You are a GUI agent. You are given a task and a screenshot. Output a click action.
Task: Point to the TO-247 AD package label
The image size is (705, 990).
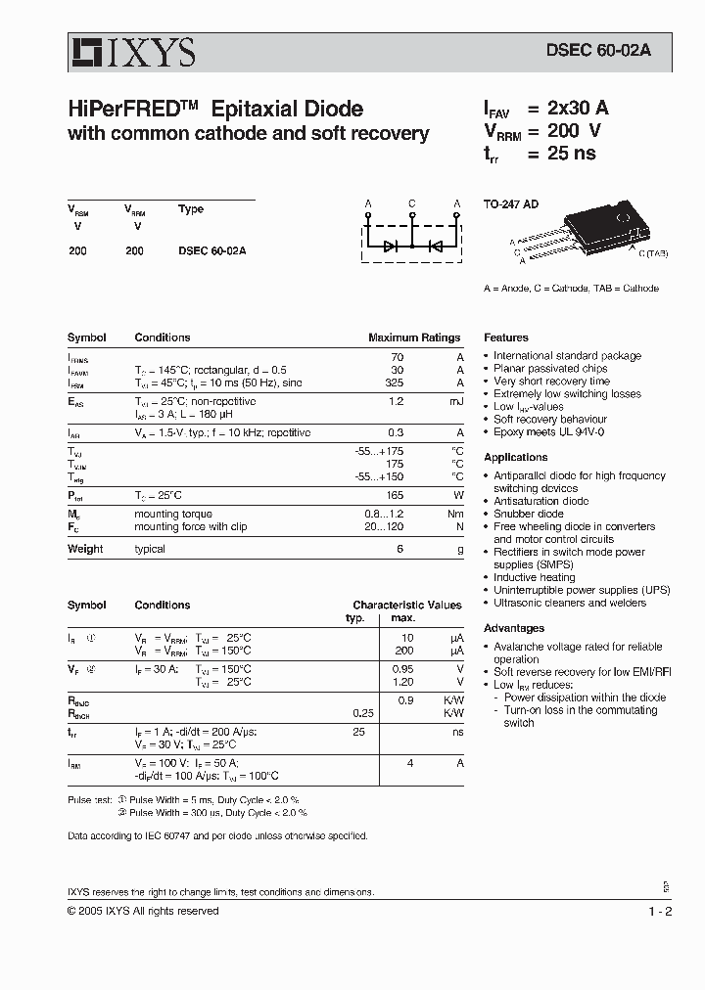511,205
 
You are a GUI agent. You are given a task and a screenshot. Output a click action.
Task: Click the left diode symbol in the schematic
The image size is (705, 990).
391,247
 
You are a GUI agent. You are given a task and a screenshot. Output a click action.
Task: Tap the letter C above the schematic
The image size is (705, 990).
412,204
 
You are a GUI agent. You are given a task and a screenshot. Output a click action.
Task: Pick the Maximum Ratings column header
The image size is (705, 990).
413,337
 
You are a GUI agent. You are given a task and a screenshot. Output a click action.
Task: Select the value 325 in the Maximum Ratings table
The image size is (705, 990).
396,384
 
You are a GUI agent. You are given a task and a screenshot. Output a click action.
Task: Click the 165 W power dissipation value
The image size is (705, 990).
396,496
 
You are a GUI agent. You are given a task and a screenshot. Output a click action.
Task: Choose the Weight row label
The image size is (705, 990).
85,550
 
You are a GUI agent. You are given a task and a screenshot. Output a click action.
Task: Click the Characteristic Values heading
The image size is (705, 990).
406,606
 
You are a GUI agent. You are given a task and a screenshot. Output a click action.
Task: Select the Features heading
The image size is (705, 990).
506,337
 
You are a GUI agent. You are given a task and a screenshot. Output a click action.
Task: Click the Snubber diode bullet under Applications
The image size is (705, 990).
529,514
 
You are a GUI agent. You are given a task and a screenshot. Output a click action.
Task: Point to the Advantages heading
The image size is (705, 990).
514,629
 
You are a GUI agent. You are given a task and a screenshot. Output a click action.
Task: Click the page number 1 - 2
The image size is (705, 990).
659,911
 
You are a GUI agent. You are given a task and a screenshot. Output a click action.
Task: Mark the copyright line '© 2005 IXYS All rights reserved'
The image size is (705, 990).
143,911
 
